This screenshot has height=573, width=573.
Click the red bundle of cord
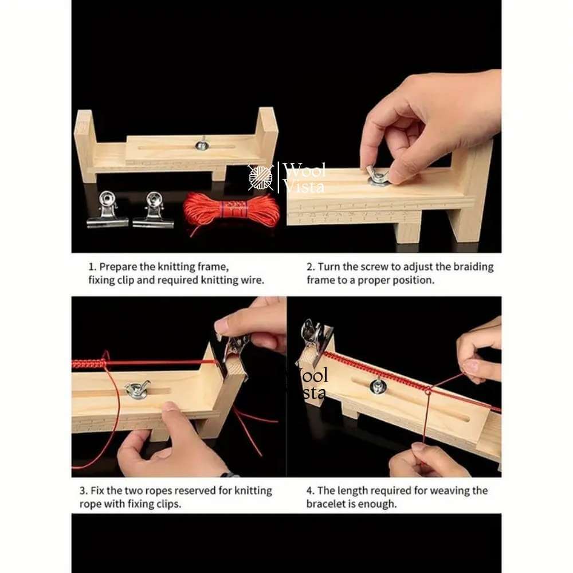pyautogui.click(x=231, y=211)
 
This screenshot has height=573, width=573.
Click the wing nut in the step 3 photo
pyautogui.click(x=138, y=389)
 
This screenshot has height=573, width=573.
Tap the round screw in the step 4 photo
pyautogui.click(x=377, y=386)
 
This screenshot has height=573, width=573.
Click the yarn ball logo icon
pyautogui.click(x=261, y=177)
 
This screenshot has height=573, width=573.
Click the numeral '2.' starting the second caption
pyautogui.click(x=310, y=267)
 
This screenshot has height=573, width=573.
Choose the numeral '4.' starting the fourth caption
pyautogui.click(x=310, y=490)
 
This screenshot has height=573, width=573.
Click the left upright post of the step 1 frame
pyautogui.click(x=85, y=146)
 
